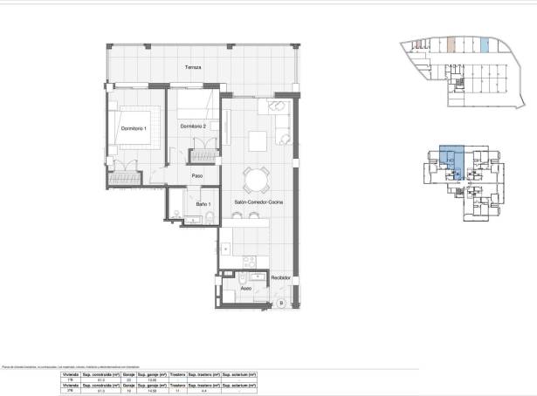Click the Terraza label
[x=193, y=67]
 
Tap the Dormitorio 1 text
[x=134, y=128]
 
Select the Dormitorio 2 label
[x=193, y=127]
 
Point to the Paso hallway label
[x=197, y=175]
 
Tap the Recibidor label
[x=279, y=277]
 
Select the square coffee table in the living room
[x=258, y=140]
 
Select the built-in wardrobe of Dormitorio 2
[x=202, y=154]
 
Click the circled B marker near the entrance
[x=281, y=303]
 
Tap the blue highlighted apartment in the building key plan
[x=448, y=160]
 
